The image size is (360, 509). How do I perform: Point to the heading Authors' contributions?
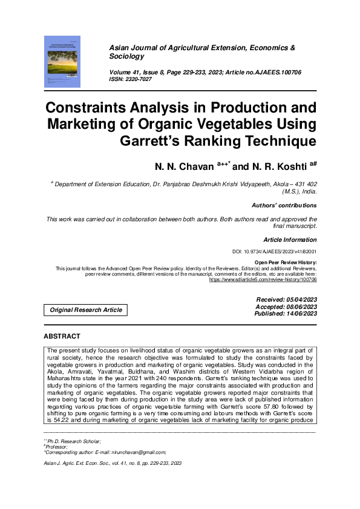point(284,205)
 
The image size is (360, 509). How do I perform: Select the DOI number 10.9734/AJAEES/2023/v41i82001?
point(283,251)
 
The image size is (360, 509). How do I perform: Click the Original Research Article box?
point(86,310)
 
